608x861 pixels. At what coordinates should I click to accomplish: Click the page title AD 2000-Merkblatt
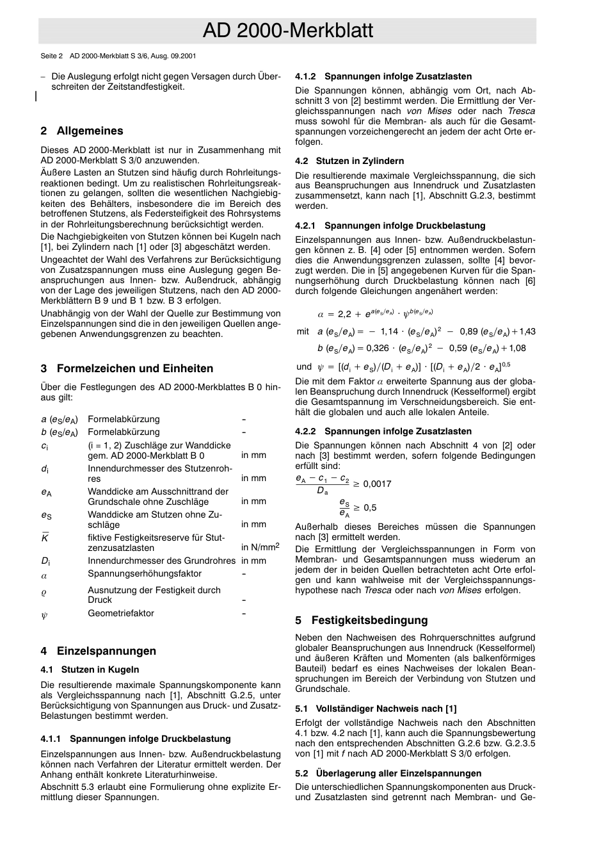(287, 31)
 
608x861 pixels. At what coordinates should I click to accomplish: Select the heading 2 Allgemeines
(82, 131)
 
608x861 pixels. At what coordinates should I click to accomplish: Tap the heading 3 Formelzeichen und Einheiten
(127, 368)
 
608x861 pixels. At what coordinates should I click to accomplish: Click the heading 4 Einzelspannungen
(98, 651)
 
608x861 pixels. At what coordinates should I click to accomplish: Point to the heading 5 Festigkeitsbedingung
(361, 620)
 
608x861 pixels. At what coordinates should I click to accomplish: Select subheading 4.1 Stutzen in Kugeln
(90, 669)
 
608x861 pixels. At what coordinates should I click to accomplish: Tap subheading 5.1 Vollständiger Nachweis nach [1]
(376, 708)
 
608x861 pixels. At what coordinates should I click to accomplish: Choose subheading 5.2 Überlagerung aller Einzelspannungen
(388, 773)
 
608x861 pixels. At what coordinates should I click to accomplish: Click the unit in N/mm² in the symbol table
(260, 547)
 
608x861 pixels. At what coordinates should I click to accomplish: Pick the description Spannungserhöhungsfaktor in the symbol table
(145, 574)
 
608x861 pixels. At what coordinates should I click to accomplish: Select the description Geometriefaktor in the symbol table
(121, 613)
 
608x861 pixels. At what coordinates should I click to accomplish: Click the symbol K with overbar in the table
(45, 538)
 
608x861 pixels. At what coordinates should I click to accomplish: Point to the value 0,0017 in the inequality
(377, 484)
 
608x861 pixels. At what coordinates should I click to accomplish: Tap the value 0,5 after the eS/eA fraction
(370, 508)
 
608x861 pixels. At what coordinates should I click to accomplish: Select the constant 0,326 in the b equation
(377, 348)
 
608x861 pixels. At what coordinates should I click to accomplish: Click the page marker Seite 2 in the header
(52, 56)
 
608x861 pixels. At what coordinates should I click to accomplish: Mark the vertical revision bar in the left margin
(36, 96)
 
